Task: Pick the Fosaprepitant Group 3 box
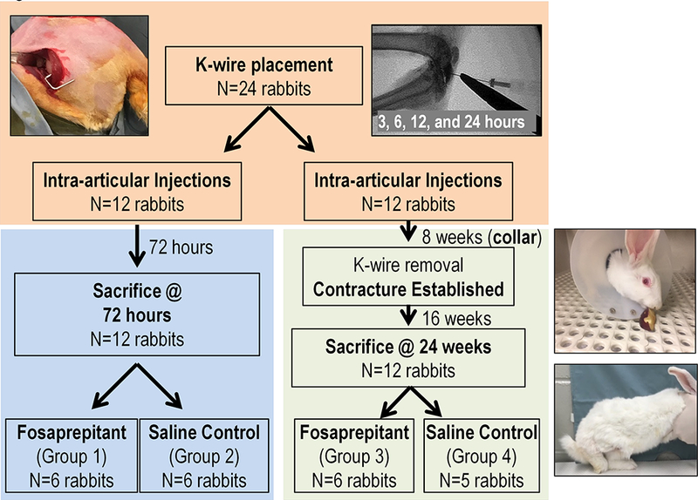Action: tap(358, 456)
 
